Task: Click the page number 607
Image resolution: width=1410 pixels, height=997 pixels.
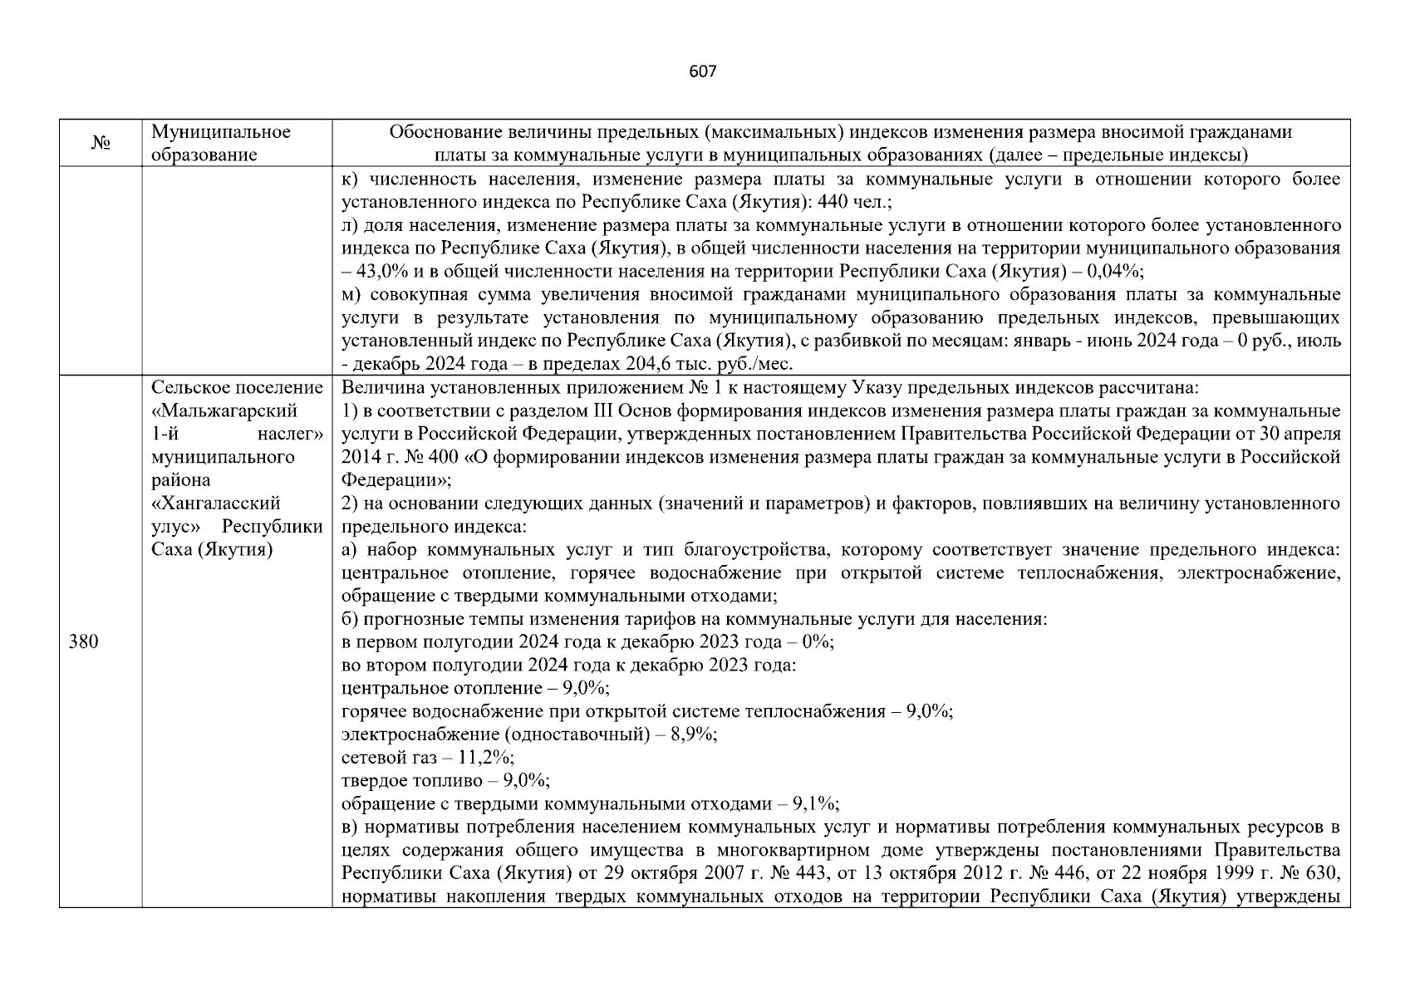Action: click(x=702, y=71)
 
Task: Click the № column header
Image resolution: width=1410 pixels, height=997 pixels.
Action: click(x=101, y=143)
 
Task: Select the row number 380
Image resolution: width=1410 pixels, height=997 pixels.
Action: click(x=83, y=642)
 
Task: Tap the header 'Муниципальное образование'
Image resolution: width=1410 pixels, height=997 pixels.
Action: click(x=221, y=143)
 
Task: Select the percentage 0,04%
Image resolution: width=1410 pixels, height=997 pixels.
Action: click(x=1118, y=272)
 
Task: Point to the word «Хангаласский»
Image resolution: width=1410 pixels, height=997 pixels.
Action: click(x=216, y=503)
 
